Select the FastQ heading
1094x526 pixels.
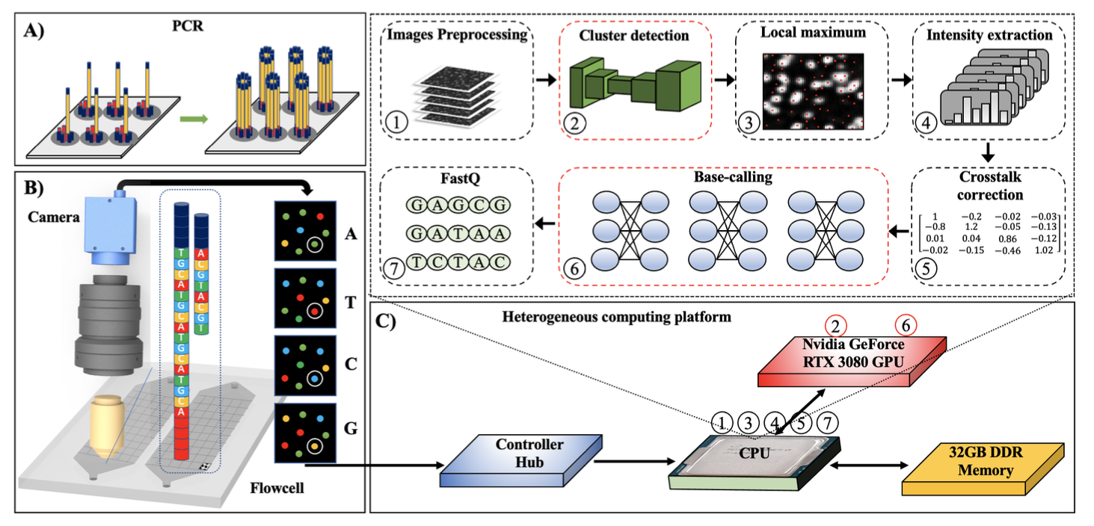click(x=454, y=180)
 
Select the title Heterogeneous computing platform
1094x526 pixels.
click(x=616, y=317)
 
